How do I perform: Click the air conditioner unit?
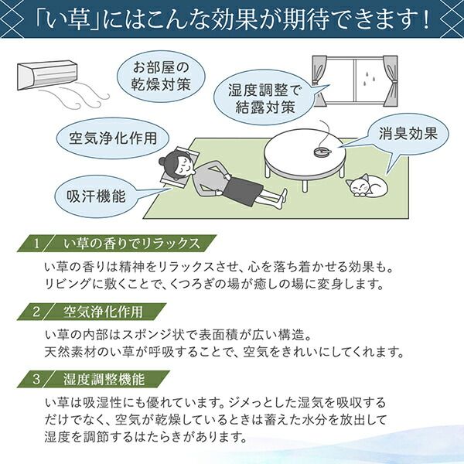pos(47,75)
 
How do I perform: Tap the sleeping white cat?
pos(367,185)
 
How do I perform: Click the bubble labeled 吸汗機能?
pos(96,196)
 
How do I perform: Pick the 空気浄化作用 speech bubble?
pos(112,138)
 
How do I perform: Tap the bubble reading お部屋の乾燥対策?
pos(161,77)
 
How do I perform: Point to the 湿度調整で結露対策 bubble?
pos(264,97)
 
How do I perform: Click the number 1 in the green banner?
pos(36,244)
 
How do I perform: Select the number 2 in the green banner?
pos(36,312)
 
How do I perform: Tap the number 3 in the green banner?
pos(36,379)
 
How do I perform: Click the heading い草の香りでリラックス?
pos(132,244)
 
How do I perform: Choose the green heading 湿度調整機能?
pos(104,379)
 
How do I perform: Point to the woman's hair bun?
pos(162,162)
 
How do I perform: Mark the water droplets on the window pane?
pos(370,76)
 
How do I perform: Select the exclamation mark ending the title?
pos(426,20)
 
